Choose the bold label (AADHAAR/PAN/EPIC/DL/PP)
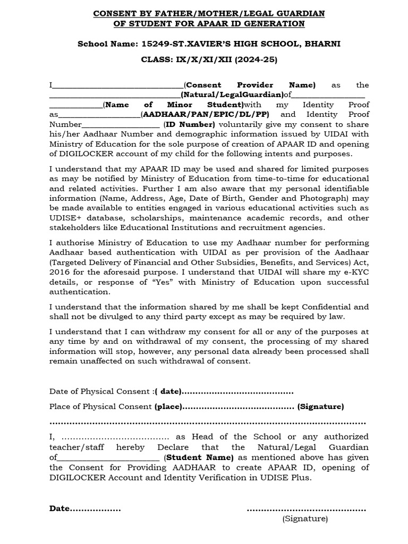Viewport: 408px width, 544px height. [205, 115]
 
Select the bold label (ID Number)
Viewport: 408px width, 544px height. [189, 124]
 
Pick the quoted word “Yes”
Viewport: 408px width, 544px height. [166, 282]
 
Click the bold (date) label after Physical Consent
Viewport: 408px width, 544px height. [167, 392]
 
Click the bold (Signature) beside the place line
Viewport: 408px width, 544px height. [320, 407]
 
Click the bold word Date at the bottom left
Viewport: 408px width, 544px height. [59, 508]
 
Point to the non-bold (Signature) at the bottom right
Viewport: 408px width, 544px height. [305, 518]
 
